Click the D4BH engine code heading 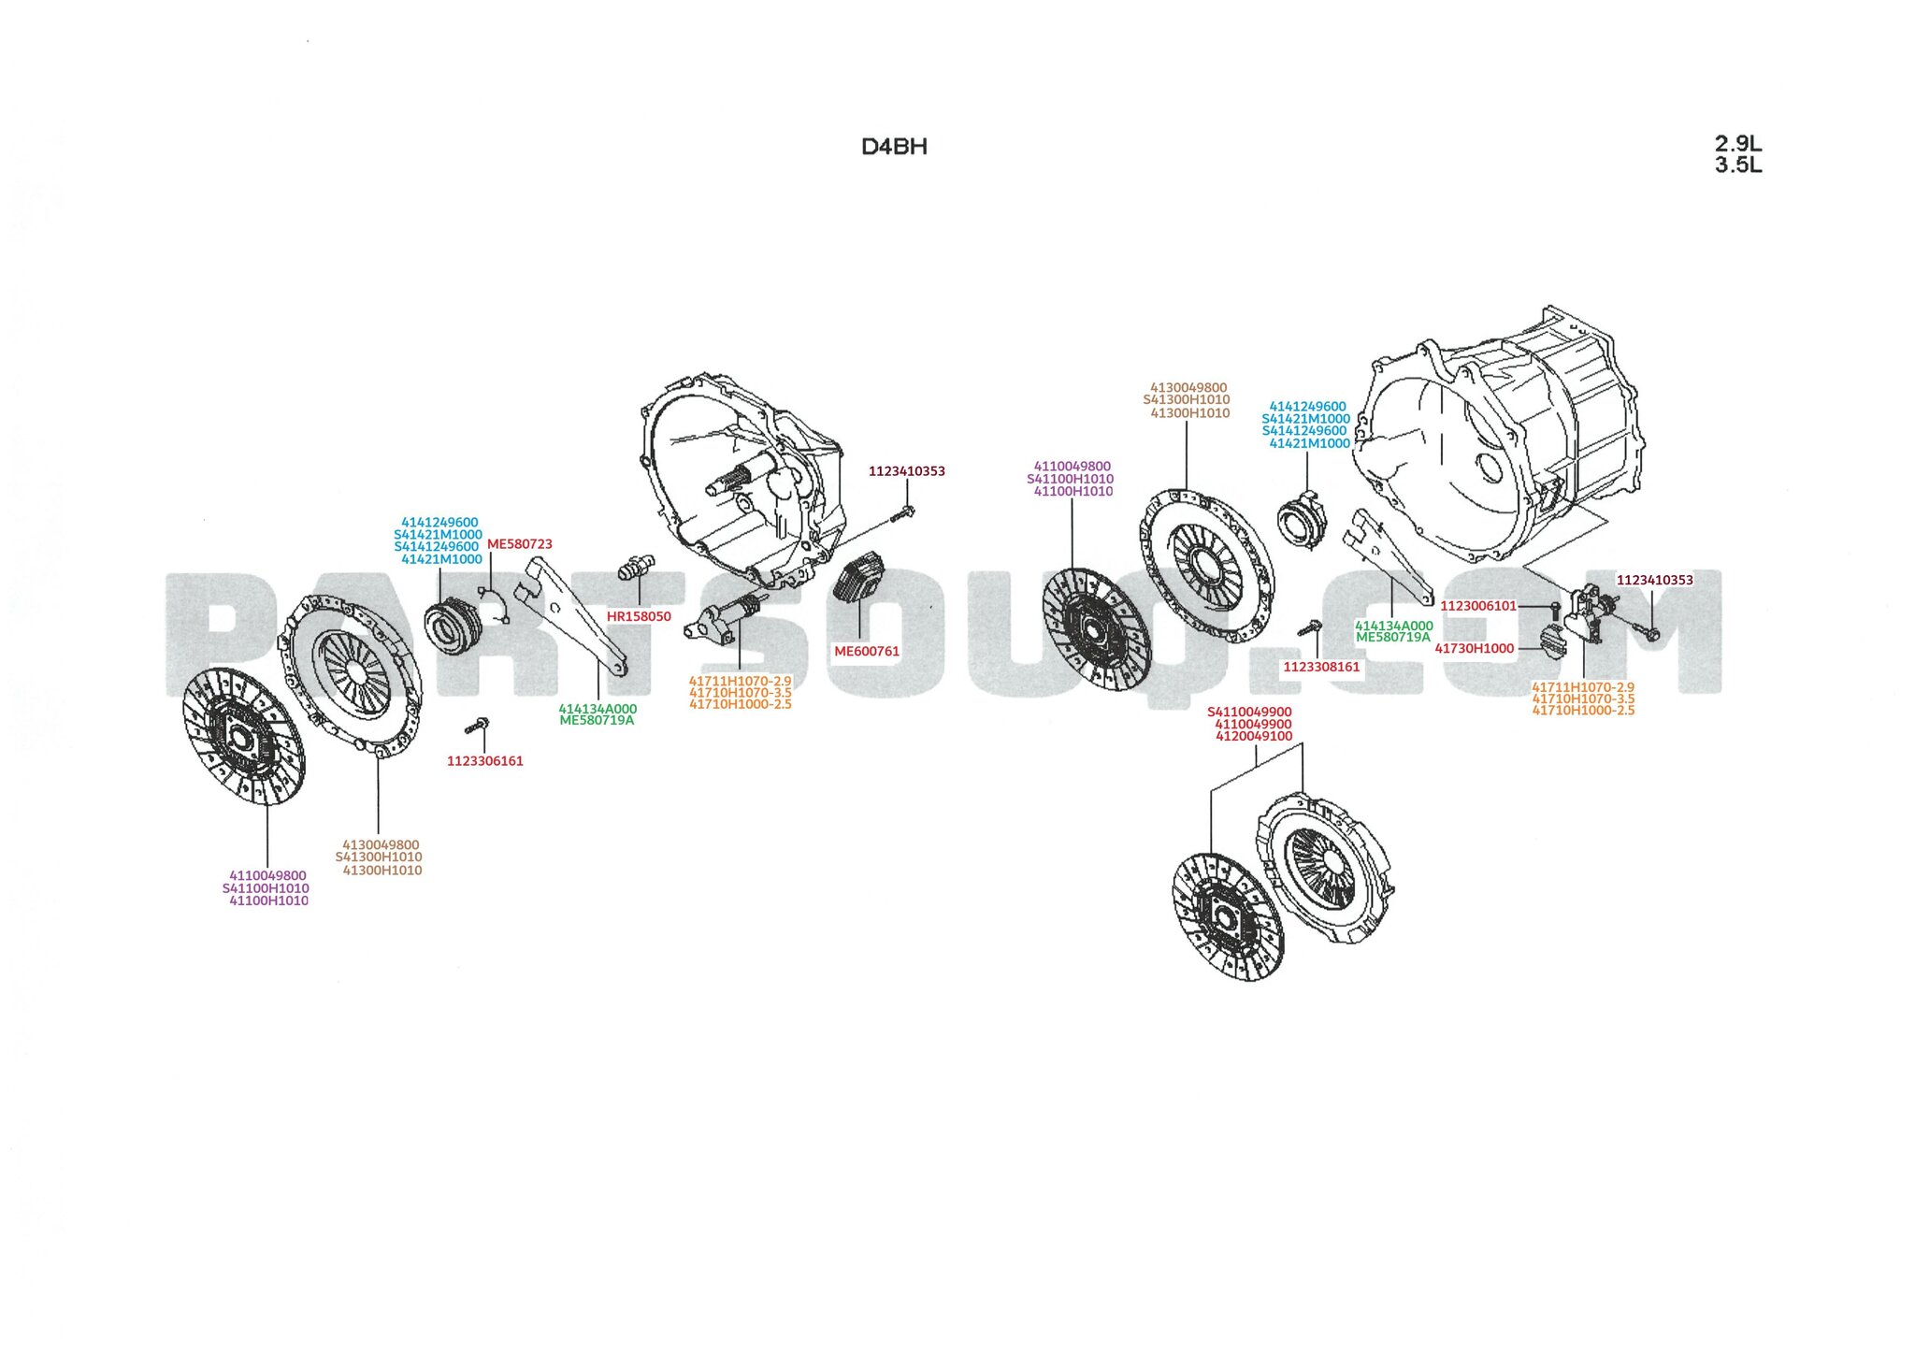(894, 147)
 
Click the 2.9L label (1737, 144)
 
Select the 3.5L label (1737, 166)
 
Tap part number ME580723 (519, 544)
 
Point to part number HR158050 (639, 616)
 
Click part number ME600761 (867, 651)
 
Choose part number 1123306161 (484, 761)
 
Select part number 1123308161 (1321, 667)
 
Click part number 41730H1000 (1474, 648)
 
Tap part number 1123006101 (1477, 606)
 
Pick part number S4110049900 (1249, 712)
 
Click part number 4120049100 (1253, 736)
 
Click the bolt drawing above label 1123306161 (477, 726)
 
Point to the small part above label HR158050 (637, 568)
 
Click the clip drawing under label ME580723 (496, 603)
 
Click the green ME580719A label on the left (597, 721)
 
